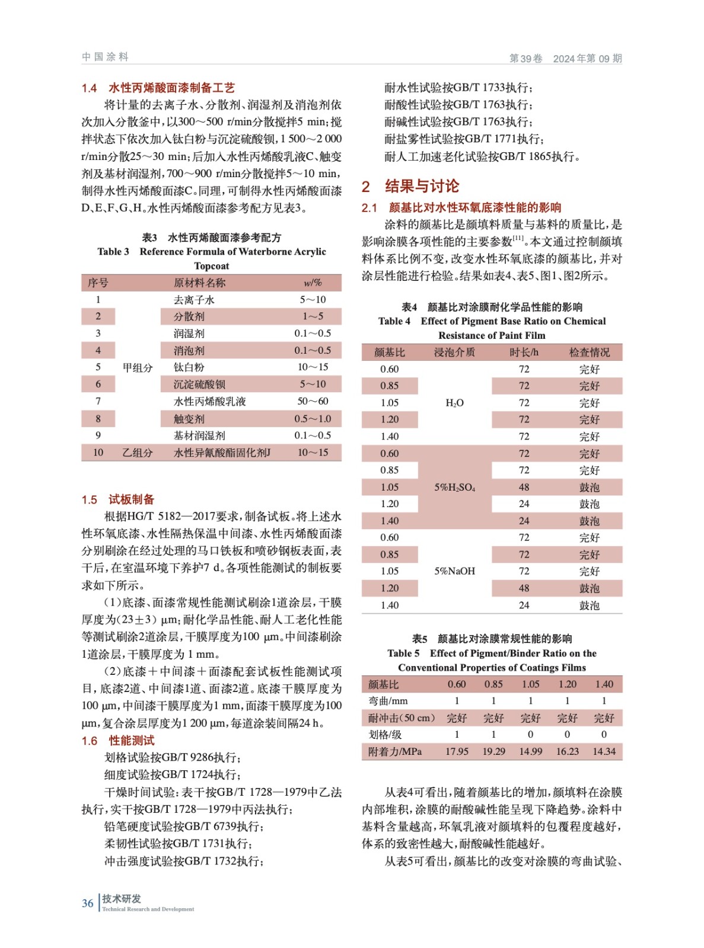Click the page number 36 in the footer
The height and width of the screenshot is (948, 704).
point(87,903)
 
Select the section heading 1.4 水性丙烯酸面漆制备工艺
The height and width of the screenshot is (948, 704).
point(158,88)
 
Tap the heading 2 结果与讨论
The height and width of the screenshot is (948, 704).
point(410,187)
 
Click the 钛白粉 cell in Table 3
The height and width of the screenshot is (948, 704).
point(189,367)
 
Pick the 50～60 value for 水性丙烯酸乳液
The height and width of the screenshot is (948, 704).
point(313,401)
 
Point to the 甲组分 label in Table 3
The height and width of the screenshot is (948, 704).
point(138,367)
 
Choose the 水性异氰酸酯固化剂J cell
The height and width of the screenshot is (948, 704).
point(222,453)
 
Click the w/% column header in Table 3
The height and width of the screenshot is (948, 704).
point(313,283)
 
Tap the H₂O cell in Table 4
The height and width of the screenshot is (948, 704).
point(454,403)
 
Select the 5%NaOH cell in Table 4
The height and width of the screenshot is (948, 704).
point(454,571)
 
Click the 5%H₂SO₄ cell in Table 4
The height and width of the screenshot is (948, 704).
point(454,487)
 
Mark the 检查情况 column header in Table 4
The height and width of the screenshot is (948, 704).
point(589,353)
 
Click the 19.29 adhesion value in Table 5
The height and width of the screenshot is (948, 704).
point(493,751)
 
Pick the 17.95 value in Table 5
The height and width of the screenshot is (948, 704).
point(457,751)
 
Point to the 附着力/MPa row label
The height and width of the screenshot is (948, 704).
point(394,751)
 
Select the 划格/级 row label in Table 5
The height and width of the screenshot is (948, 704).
point(385,735)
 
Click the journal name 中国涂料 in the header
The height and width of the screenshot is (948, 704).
point(105,57)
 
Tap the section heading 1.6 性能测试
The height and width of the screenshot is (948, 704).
point(118,741)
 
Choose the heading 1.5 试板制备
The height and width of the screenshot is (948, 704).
point(118,499)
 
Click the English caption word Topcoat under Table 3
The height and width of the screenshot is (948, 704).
point(211,266)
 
